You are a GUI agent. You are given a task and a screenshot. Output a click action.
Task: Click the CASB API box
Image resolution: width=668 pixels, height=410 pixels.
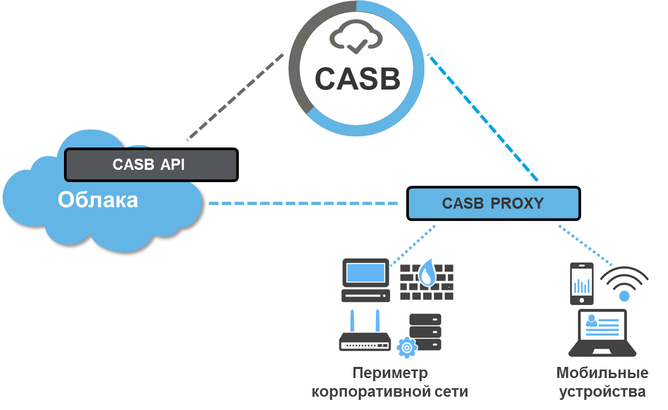pos(151,165)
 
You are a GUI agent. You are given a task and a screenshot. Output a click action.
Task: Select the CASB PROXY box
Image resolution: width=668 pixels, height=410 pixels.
pos(493,203)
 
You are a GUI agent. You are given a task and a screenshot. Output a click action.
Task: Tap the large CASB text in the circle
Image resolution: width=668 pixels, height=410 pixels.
pos(357,78)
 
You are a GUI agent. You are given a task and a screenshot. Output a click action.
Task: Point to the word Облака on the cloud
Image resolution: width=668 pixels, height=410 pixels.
pos(98,200)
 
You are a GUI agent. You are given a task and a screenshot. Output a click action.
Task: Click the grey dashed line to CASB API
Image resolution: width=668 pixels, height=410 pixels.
pos(235,96)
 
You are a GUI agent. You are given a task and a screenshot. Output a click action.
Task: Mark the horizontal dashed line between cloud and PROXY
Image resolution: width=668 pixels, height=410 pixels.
pos(304,203)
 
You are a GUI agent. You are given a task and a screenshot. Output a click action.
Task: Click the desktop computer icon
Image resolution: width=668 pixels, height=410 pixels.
pos(365,280)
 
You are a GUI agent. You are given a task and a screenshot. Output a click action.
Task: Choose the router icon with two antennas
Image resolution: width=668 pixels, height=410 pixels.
pos(365,334)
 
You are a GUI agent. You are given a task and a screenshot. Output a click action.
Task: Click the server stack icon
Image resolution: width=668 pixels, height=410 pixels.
pos(425,331)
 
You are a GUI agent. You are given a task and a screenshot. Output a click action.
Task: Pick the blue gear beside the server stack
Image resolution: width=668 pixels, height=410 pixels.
pos(407,347)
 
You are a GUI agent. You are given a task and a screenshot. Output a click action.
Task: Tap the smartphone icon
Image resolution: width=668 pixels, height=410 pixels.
pos(582,284)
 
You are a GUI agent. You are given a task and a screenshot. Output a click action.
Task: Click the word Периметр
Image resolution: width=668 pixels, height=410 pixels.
pos(390,373)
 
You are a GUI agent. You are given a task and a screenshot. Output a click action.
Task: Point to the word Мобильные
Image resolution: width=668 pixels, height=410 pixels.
pos(602,373)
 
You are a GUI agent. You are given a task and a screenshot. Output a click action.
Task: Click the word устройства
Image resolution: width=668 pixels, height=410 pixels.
pos(602,392)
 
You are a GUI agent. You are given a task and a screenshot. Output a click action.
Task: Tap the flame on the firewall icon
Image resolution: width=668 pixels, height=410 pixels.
pos(426,274)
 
